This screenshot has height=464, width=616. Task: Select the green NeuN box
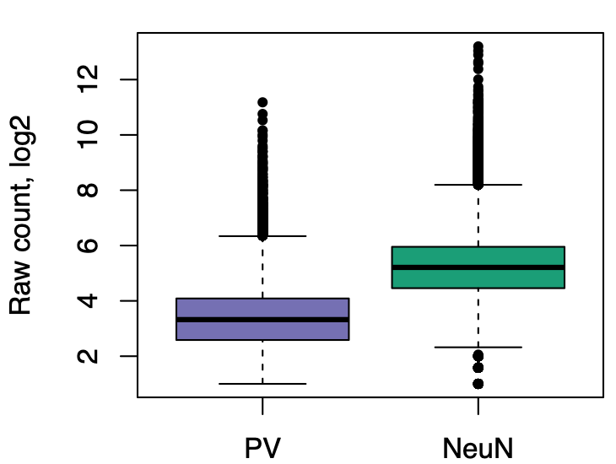(x=478, y=256)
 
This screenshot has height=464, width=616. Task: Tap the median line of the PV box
(x=262, y=320)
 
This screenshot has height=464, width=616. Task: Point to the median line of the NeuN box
(x=478, y=267)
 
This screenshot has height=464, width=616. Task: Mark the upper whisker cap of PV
(x=262, y=236)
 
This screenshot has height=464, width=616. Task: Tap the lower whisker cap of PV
(x=262, y=384)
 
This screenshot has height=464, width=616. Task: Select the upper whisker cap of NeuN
(x=478, y=185)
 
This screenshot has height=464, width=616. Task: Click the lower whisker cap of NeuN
(x=478, y=347)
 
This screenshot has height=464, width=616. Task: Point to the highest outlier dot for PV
(x=262, y=102)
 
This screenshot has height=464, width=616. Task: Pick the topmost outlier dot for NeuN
(x=478, y=46)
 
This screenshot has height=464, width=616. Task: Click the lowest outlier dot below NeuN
(x=478, y=384)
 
